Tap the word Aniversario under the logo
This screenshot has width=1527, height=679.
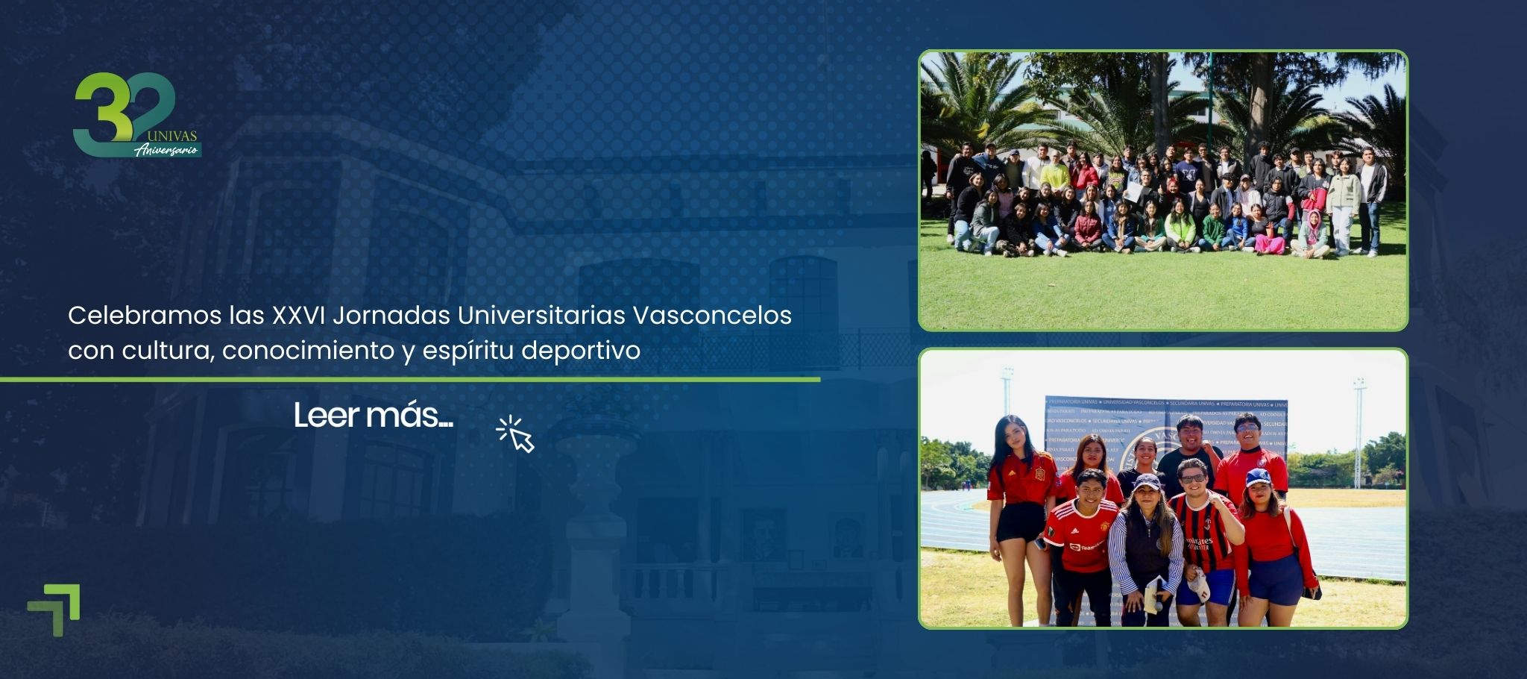click(x=167, y=150)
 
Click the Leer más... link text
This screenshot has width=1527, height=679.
click(x=373, y=416)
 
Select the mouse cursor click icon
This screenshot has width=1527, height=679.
click(x=516, y=434)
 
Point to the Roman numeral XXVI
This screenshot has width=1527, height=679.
click(x=297, y=316)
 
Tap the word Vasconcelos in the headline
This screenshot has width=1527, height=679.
click(x=712, y=316)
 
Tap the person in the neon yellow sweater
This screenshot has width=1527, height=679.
click(x=1055, y=176)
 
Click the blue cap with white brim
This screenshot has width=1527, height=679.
click(x=1258, y=478)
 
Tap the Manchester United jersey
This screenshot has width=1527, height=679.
click(x=1081, y=534)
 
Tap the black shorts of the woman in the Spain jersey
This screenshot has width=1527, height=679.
click(x=1021, y=522)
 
